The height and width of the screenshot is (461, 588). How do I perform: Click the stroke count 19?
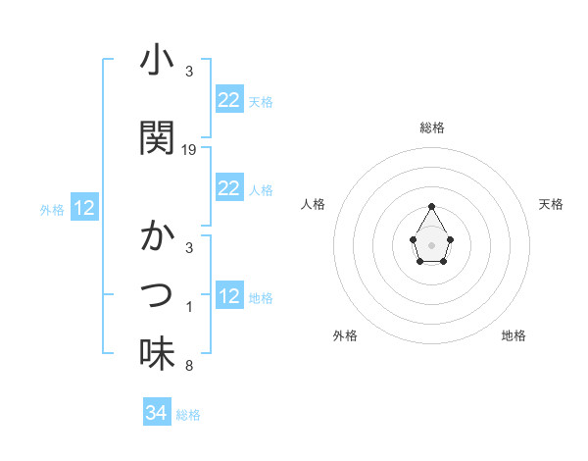[189, 150]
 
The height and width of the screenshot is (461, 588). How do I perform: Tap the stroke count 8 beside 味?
[189, 367]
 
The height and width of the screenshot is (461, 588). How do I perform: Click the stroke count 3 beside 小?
[189, 72]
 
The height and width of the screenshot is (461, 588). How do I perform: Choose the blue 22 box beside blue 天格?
[228, 100]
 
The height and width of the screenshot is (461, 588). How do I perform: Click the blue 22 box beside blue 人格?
[228, 188]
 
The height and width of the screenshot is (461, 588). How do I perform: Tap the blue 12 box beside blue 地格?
[228, 296]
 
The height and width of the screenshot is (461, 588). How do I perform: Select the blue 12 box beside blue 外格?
[84, 208]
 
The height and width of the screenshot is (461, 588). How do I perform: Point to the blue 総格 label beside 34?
[188, 415]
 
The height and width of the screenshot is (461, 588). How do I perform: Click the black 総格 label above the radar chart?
[431, 128]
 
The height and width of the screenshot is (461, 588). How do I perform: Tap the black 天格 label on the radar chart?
[552, 204]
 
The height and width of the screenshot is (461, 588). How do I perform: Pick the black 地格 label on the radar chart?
[514, 335]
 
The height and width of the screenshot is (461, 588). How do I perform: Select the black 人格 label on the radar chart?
[313, 204]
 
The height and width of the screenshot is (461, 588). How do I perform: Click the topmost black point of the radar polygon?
[431, 206]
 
